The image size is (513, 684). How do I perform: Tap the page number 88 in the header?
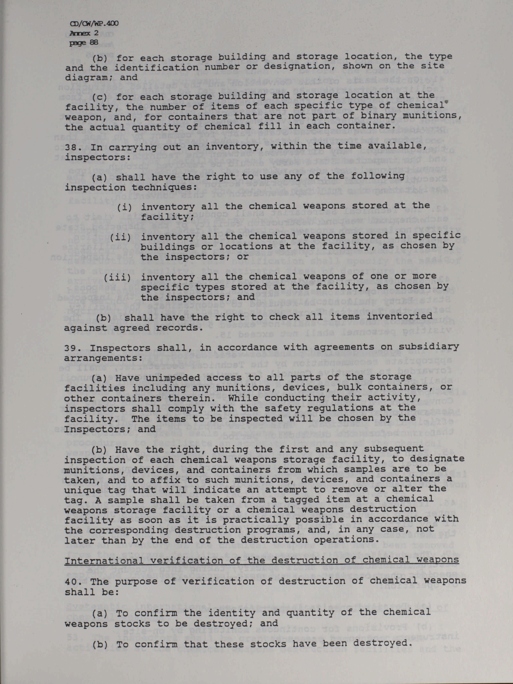tap(93, 42)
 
